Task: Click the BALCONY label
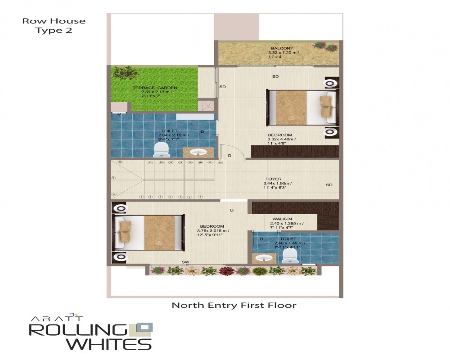[282, 48]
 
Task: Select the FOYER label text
[274, 179]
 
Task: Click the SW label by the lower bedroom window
[185, 262]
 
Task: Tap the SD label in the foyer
[329, 185]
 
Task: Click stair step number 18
[220, 163]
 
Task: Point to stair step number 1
[200, 197]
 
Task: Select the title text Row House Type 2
[54, 26]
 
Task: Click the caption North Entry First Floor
[234, 305]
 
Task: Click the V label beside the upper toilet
[119, 114]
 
